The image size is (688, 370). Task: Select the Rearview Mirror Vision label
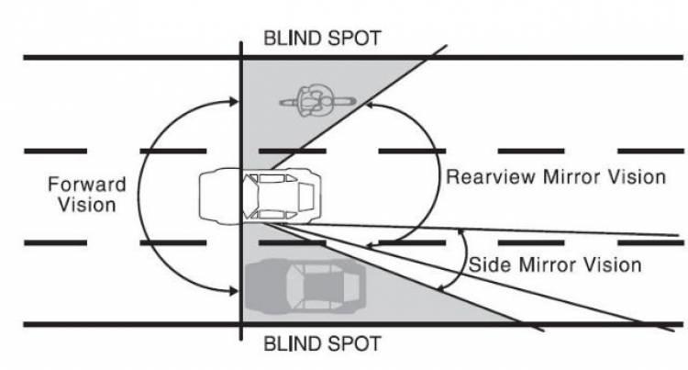555,177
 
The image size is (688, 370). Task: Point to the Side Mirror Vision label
555,264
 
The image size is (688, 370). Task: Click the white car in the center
261,195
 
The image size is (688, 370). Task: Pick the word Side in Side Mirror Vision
487,264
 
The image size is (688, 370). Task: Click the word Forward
86,185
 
